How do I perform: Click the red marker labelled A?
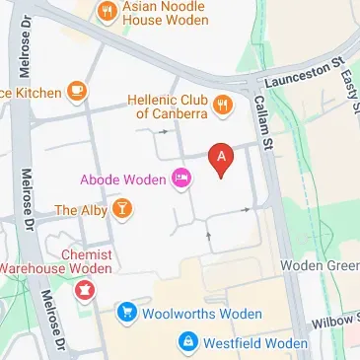click(x=222, y=157)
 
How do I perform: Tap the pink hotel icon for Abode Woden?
click(x=181, y=179)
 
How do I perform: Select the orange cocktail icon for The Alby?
click(x=122, y=209)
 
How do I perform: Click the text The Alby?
click(x=78, y=209)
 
